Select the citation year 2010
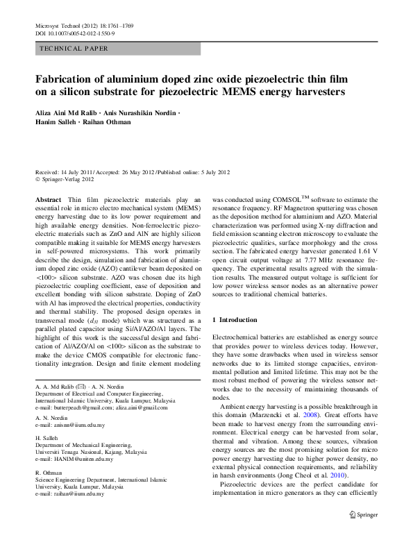pos(337,477)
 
